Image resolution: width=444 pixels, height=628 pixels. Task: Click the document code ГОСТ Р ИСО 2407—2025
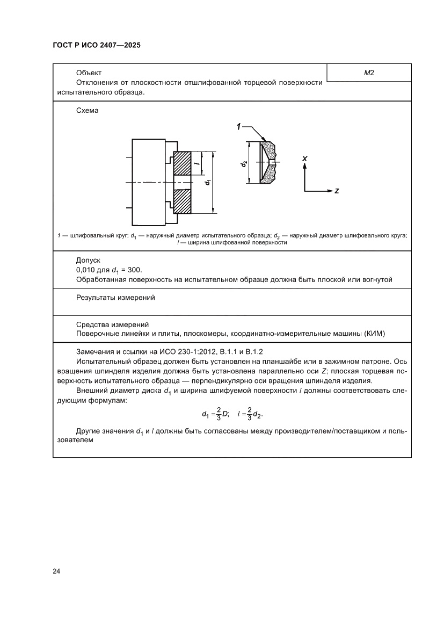point(97,46)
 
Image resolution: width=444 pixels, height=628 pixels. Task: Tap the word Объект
point(89,73)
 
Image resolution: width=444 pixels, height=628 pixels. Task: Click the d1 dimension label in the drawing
point(207,183)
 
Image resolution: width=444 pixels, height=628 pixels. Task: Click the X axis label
point(304,159)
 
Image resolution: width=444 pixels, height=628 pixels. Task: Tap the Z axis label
point(336,191)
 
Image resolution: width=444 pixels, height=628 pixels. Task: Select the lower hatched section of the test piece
point(182,201)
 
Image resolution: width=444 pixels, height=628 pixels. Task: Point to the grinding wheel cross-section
point(268,162)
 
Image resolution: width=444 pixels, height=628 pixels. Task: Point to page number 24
point(56,571)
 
